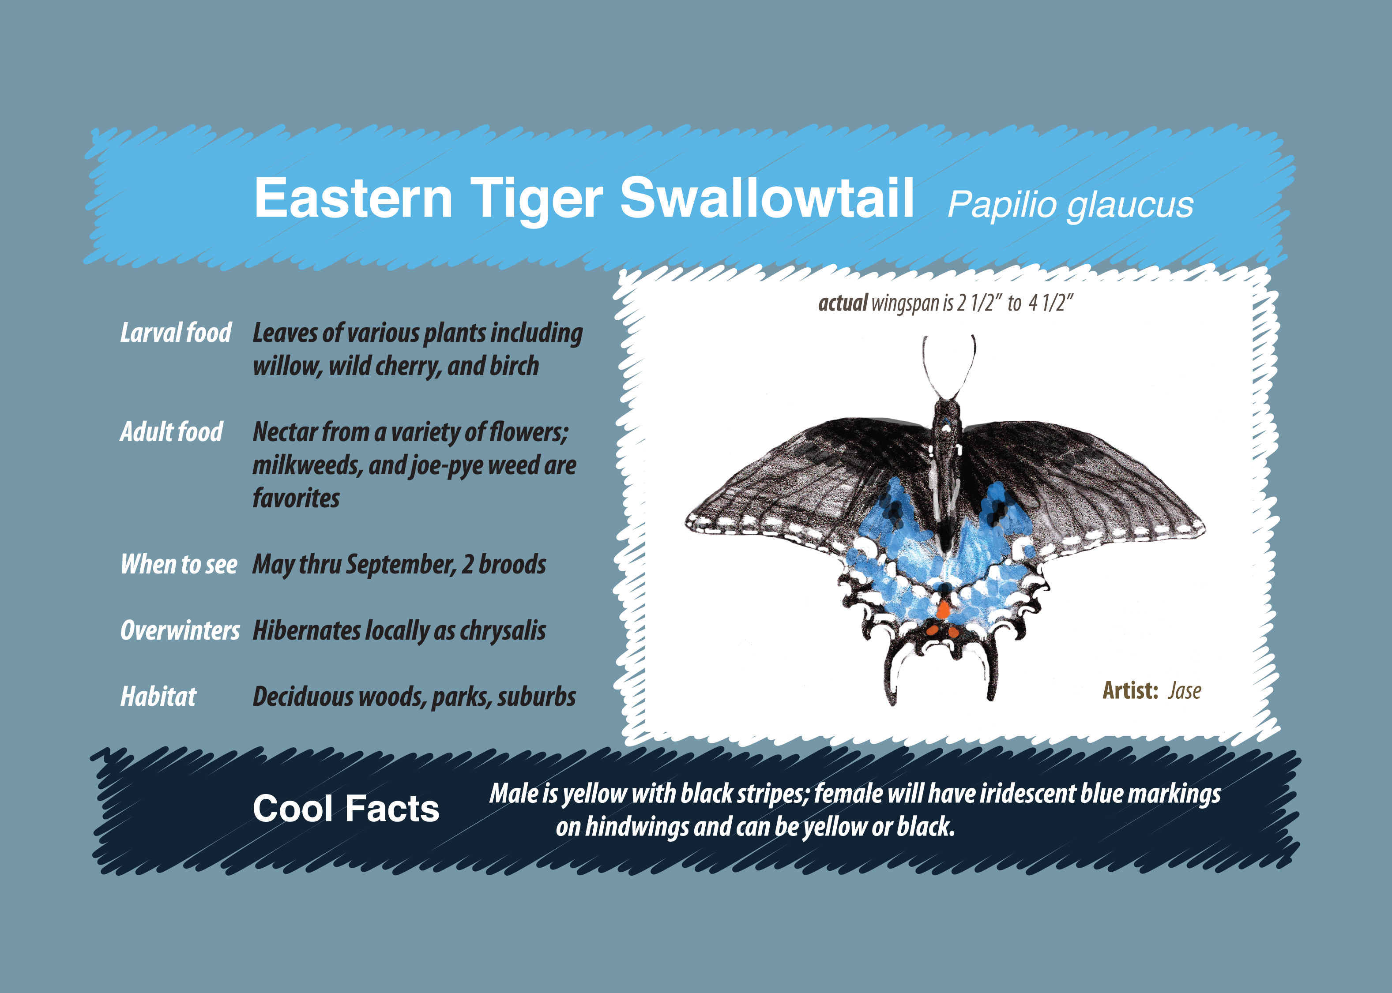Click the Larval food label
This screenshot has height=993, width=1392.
click(176, 333)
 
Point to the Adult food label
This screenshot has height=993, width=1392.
click(171, 432)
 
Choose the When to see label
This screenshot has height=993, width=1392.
click(179, 564)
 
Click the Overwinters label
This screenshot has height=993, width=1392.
click(180, 630)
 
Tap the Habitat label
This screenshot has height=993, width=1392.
click(158, 697)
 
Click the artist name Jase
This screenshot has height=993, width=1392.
click(1185, 691)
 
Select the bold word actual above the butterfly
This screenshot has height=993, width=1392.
click(843, 303)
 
